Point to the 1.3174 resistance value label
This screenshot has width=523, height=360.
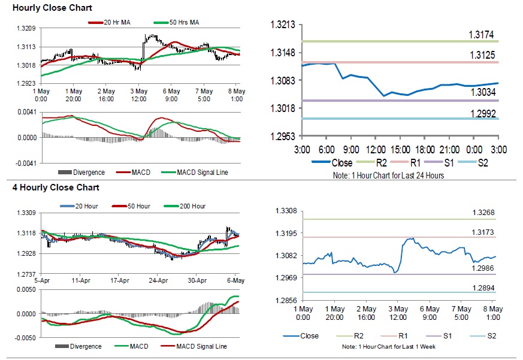(x=481, y=35)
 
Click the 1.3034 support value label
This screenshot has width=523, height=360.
(x=481, y=92)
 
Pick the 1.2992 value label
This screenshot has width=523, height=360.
(x=481, y=113)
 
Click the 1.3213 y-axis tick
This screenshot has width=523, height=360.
(x=283, y=25)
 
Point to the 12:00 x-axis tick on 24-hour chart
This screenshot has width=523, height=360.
(x=376, y=149)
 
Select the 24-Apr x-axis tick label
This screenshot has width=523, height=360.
(x=158, y=280)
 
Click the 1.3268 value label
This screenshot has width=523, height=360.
(x=483, y=212)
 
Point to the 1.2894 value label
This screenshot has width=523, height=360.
(x=483, y=288)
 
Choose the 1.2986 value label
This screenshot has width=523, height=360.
(x=483, y=268)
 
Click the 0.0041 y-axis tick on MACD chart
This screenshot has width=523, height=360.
(x=27, y=112)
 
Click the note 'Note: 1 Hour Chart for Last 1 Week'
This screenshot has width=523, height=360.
(x=388, y=347)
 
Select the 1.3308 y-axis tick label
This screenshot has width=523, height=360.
(x=286, y=211)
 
